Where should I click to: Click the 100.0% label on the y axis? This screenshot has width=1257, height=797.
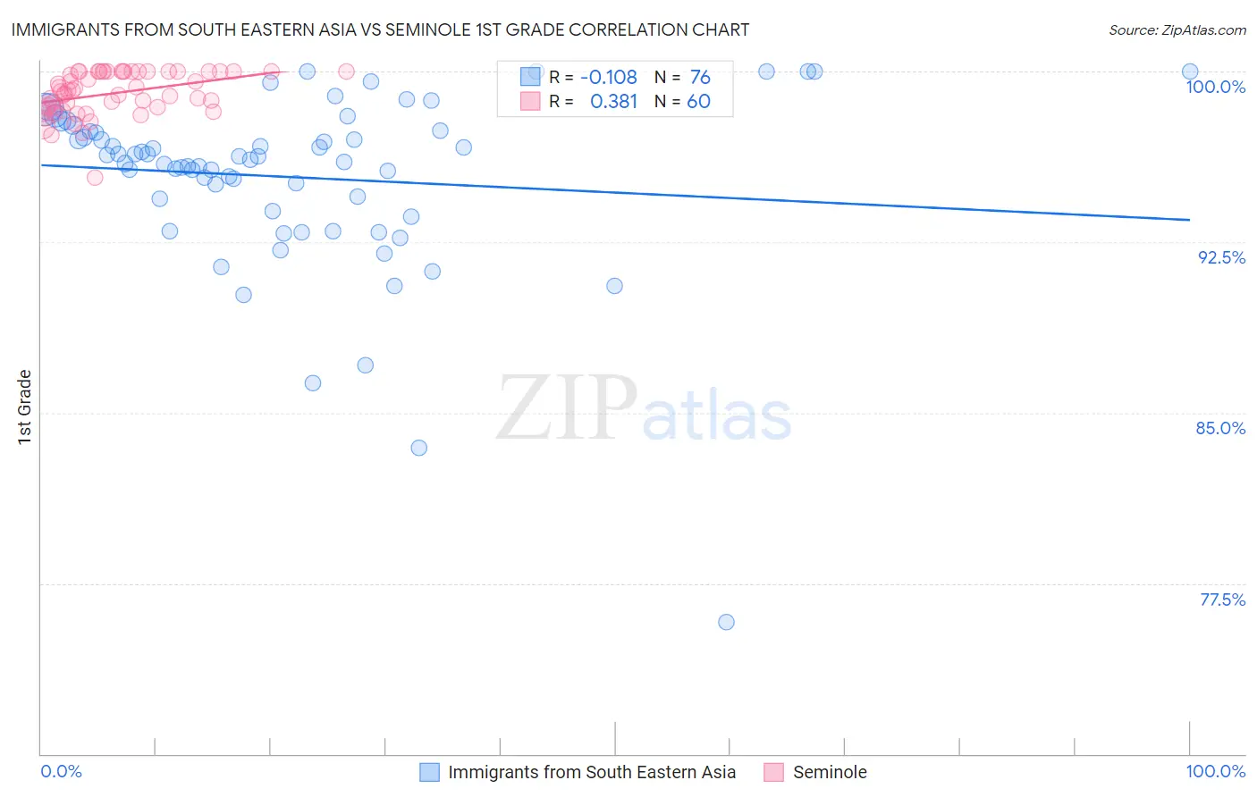click(1215, 87)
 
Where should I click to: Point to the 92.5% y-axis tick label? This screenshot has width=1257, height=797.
click(1221, 257)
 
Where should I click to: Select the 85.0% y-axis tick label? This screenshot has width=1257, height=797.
click(1220, 428)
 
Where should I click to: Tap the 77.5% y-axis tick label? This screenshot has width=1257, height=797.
click(1222, 600)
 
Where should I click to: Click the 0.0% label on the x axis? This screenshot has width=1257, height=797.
click(61, 771)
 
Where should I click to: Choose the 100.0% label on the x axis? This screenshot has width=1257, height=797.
click(1215, 771)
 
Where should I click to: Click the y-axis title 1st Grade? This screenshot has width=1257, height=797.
click(25, 407)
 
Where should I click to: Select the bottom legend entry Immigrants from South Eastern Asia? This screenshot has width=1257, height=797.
click(591, 772)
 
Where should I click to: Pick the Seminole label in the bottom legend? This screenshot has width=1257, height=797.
click(830, 772)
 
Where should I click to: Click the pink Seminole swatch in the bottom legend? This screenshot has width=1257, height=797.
click(773, 772)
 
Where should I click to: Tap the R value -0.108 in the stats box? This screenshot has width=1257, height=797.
click(608, 77)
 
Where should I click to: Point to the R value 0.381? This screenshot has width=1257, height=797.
click(613, 101)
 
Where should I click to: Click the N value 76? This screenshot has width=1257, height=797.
click(699, 77)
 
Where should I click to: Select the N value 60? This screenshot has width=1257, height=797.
click(698, 101)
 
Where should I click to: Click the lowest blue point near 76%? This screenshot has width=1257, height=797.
click(726, 622)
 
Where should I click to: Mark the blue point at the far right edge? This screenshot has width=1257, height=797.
click(1189, 71)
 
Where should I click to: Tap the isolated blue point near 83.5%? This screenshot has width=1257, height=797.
click(418, 448)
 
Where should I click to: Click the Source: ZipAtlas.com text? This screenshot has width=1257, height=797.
click(1177, 30)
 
